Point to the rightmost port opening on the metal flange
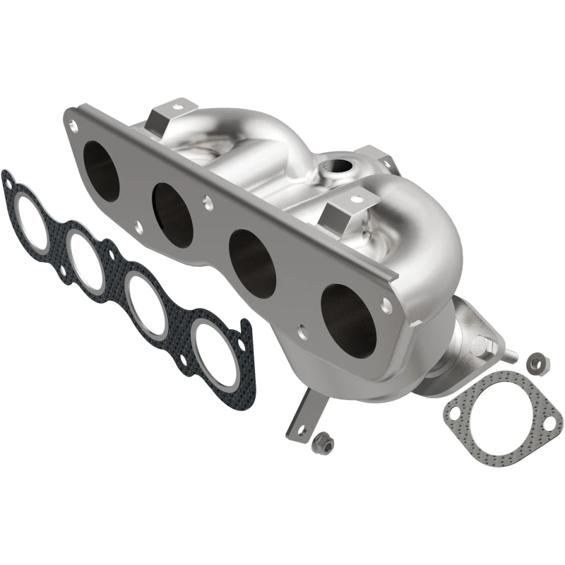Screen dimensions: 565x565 [347, 318]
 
